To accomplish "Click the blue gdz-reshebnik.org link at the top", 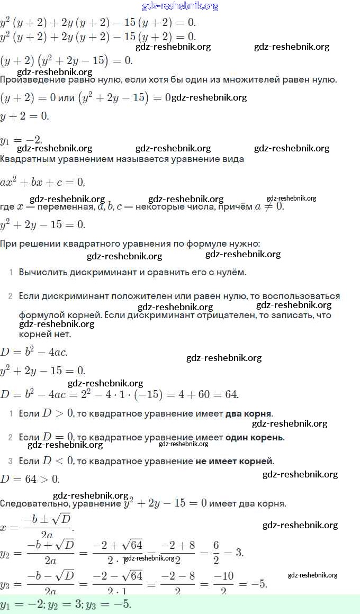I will [180, 6].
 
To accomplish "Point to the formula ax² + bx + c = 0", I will [42, 182].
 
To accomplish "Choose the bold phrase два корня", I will [248, 413].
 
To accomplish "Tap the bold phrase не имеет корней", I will [235, 461].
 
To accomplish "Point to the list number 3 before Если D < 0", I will [10, 461].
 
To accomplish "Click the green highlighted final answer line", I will [180, 604].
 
